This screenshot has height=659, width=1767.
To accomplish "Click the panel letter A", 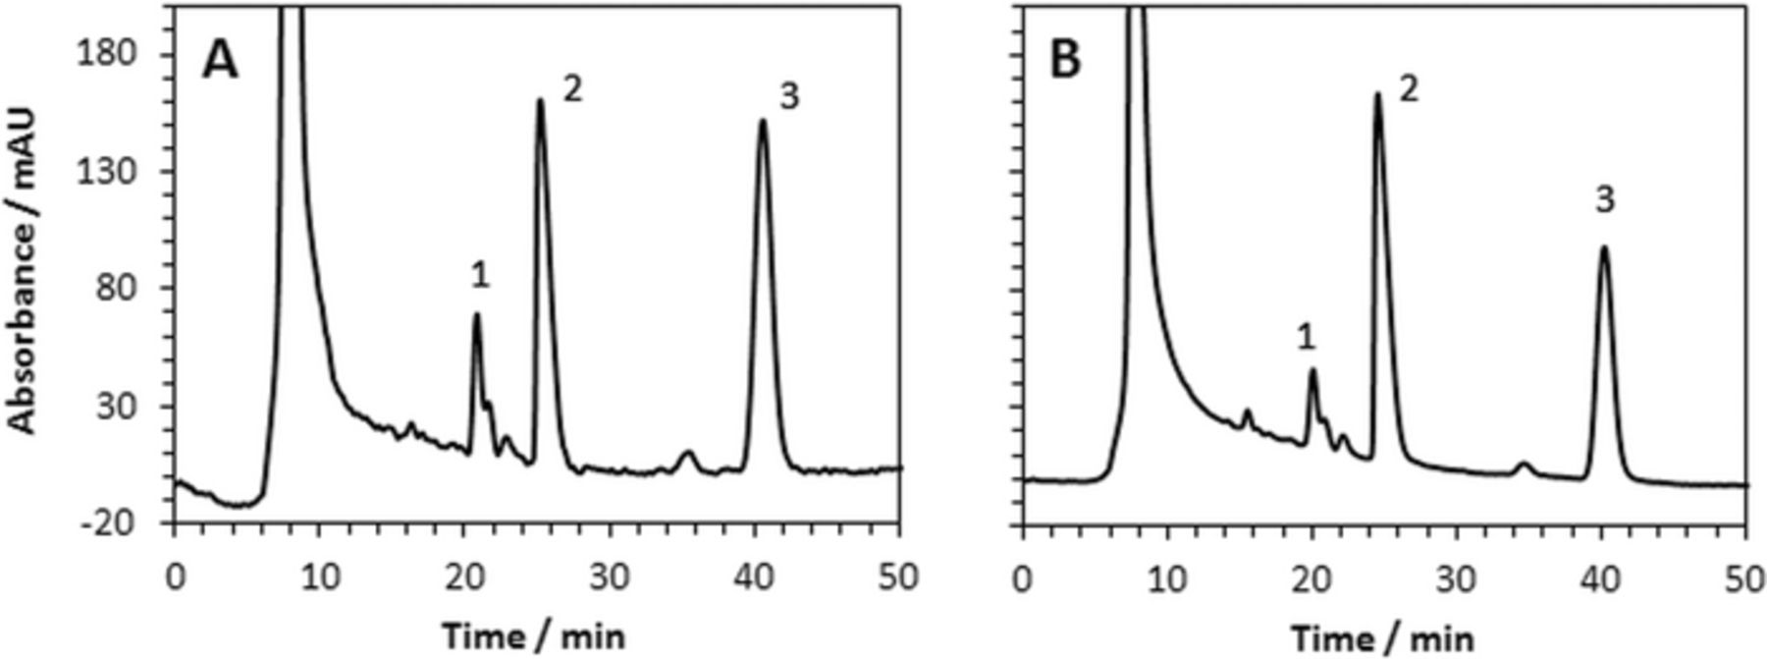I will [x=220, y=61].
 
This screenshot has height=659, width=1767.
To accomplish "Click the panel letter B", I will [x=1065, y=61].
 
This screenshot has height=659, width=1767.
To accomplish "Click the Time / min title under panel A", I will [x=532, y=636].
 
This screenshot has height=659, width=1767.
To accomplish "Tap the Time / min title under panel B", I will [x=1381, y=638].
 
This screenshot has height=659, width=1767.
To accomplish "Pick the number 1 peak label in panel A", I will [x=479, y=276].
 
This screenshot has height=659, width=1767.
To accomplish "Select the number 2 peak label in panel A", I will [x=572, y=90].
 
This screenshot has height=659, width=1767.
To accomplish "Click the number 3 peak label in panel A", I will [x=789, y=96].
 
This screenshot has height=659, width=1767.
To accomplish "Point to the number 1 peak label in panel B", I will [x=1306, y=339].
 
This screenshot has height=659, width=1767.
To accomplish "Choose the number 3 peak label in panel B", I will [x=1604, y=200].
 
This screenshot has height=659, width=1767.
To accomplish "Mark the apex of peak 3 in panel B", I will [x=1604, y=247].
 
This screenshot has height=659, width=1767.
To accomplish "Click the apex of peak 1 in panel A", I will [x=477, y=315].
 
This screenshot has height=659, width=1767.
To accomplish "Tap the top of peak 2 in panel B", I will [x=1377, y=95].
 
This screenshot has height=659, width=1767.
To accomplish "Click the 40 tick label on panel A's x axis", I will [x=755, y=577].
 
